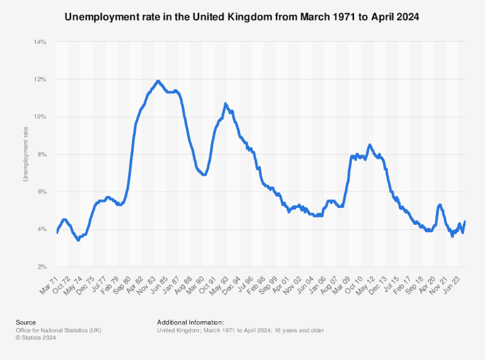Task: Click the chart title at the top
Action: [242, 17]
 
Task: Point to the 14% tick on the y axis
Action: [40, 42]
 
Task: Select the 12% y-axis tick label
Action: [40, 79]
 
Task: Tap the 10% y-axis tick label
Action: [40, 117]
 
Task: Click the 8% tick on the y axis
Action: [42, 155]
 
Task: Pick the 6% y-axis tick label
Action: [42, 192]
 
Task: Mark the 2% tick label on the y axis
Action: [42, 267]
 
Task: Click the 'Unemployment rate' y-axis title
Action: [25, 155]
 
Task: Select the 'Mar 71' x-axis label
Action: [48, 281]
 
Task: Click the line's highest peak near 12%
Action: [158, 81]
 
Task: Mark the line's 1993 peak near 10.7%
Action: [226, 104]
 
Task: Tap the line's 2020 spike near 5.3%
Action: [439, 205]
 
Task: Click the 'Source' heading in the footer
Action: [26, 322]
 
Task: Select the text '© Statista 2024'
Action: [37, 336]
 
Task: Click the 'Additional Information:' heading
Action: [190, 322]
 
